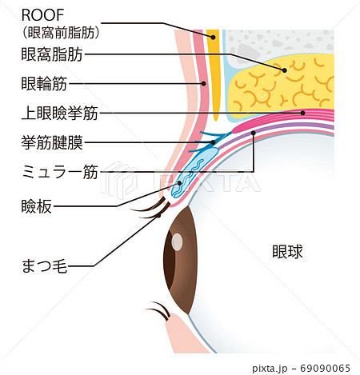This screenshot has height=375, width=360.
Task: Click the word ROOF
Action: (42, 15)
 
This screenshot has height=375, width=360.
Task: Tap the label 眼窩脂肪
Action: (52, 54)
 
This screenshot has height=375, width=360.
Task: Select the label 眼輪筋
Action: (44, 83)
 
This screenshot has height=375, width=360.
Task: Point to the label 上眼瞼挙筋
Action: (60, 113)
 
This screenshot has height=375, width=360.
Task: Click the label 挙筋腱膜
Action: (52, 142)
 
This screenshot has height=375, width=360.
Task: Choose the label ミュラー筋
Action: (60, 172)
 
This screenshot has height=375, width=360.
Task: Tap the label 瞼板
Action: (37, 206)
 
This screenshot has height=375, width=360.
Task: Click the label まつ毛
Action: (44, 265)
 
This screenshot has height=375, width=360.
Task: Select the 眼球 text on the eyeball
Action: (287, 252)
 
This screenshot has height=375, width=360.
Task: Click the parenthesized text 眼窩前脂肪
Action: (60, 33)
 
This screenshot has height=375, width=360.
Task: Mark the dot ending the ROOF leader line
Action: (213, 38)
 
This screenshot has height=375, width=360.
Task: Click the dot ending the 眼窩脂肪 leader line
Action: (285, 70)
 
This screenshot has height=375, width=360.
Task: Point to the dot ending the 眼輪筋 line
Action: (204, 83)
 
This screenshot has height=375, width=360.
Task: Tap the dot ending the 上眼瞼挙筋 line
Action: (302, 113)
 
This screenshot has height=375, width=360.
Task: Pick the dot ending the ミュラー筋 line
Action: (254, 133)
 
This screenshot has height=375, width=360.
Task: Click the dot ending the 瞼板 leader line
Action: (180, 183)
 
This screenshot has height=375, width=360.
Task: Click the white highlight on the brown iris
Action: (177, 242)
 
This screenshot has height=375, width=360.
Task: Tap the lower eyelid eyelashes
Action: (158, 311)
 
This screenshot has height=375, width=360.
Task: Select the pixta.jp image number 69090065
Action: (325, 369)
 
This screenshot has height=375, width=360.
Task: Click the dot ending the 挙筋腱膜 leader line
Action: (213, 142)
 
